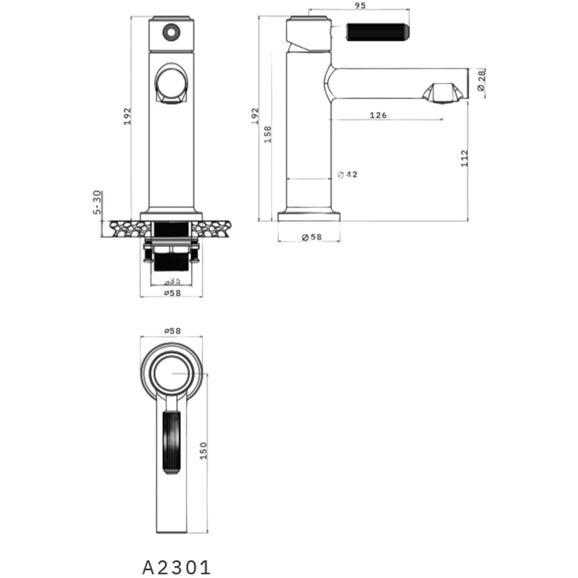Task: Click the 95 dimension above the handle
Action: (x=360, y=5)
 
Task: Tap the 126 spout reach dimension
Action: (x=378, y=115)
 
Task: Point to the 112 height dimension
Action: (x=465, y=158)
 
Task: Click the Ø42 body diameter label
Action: (x=347, y=175)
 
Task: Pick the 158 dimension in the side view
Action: (x=268, y=134)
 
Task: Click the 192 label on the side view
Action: (x=255, y=116)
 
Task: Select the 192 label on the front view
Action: (x=127, y=116)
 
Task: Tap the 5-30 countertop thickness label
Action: (x=97, y=202)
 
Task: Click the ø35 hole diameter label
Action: (x=172, y=281)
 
